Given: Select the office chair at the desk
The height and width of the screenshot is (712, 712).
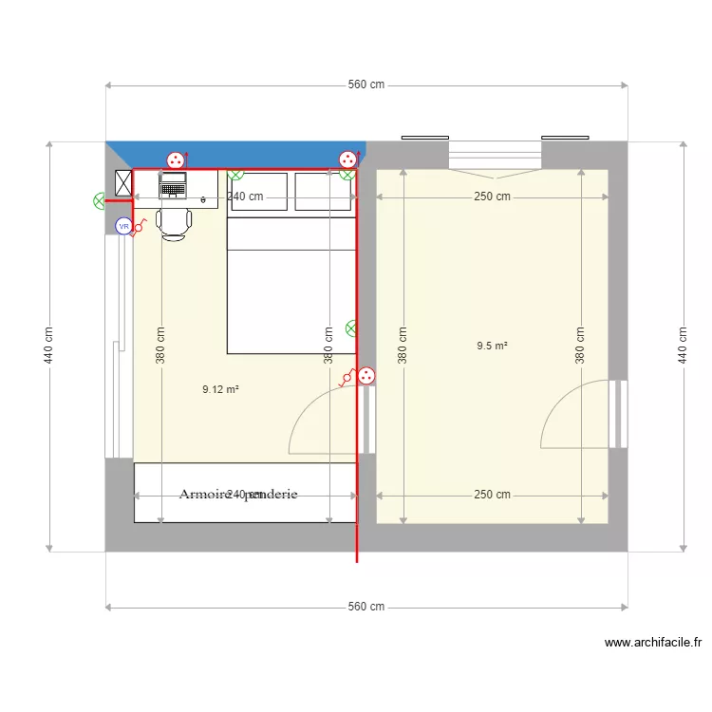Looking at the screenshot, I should [174, 223].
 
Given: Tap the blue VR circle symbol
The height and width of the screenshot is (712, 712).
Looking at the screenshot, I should [122, 226].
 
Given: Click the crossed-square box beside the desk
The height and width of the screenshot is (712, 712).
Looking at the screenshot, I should [123, 182].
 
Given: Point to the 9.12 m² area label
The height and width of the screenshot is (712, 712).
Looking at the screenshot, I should [220, 388].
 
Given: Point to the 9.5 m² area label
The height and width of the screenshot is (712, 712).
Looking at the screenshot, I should [492, 347].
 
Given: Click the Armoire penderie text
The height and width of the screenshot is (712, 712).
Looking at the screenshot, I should [238, 495].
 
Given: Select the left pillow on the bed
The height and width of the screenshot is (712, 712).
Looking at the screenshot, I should [258, 192].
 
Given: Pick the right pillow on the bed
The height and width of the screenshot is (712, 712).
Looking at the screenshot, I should [324, 192].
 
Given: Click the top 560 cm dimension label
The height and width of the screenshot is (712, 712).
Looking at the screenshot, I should [366, 85].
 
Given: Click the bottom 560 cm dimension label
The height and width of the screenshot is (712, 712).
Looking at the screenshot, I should [366, 607].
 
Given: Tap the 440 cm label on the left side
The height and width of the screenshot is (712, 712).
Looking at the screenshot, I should [48, 346].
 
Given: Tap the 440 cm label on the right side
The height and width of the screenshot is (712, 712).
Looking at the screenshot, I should [683, 346].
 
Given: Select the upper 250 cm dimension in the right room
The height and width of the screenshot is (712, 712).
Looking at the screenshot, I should [492, 197].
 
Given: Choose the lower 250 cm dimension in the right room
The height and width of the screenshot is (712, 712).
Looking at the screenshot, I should [492, 495].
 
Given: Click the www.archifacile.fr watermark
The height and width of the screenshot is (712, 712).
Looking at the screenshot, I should [652, 643].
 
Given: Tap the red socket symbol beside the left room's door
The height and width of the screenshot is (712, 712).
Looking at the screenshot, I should [365, 377].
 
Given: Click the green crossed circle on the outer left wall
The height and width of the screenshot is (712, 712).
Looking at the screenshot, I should [100, 201].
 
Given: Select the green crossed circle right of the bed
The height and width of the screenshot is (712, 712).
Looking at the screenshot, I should [351, 328].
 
